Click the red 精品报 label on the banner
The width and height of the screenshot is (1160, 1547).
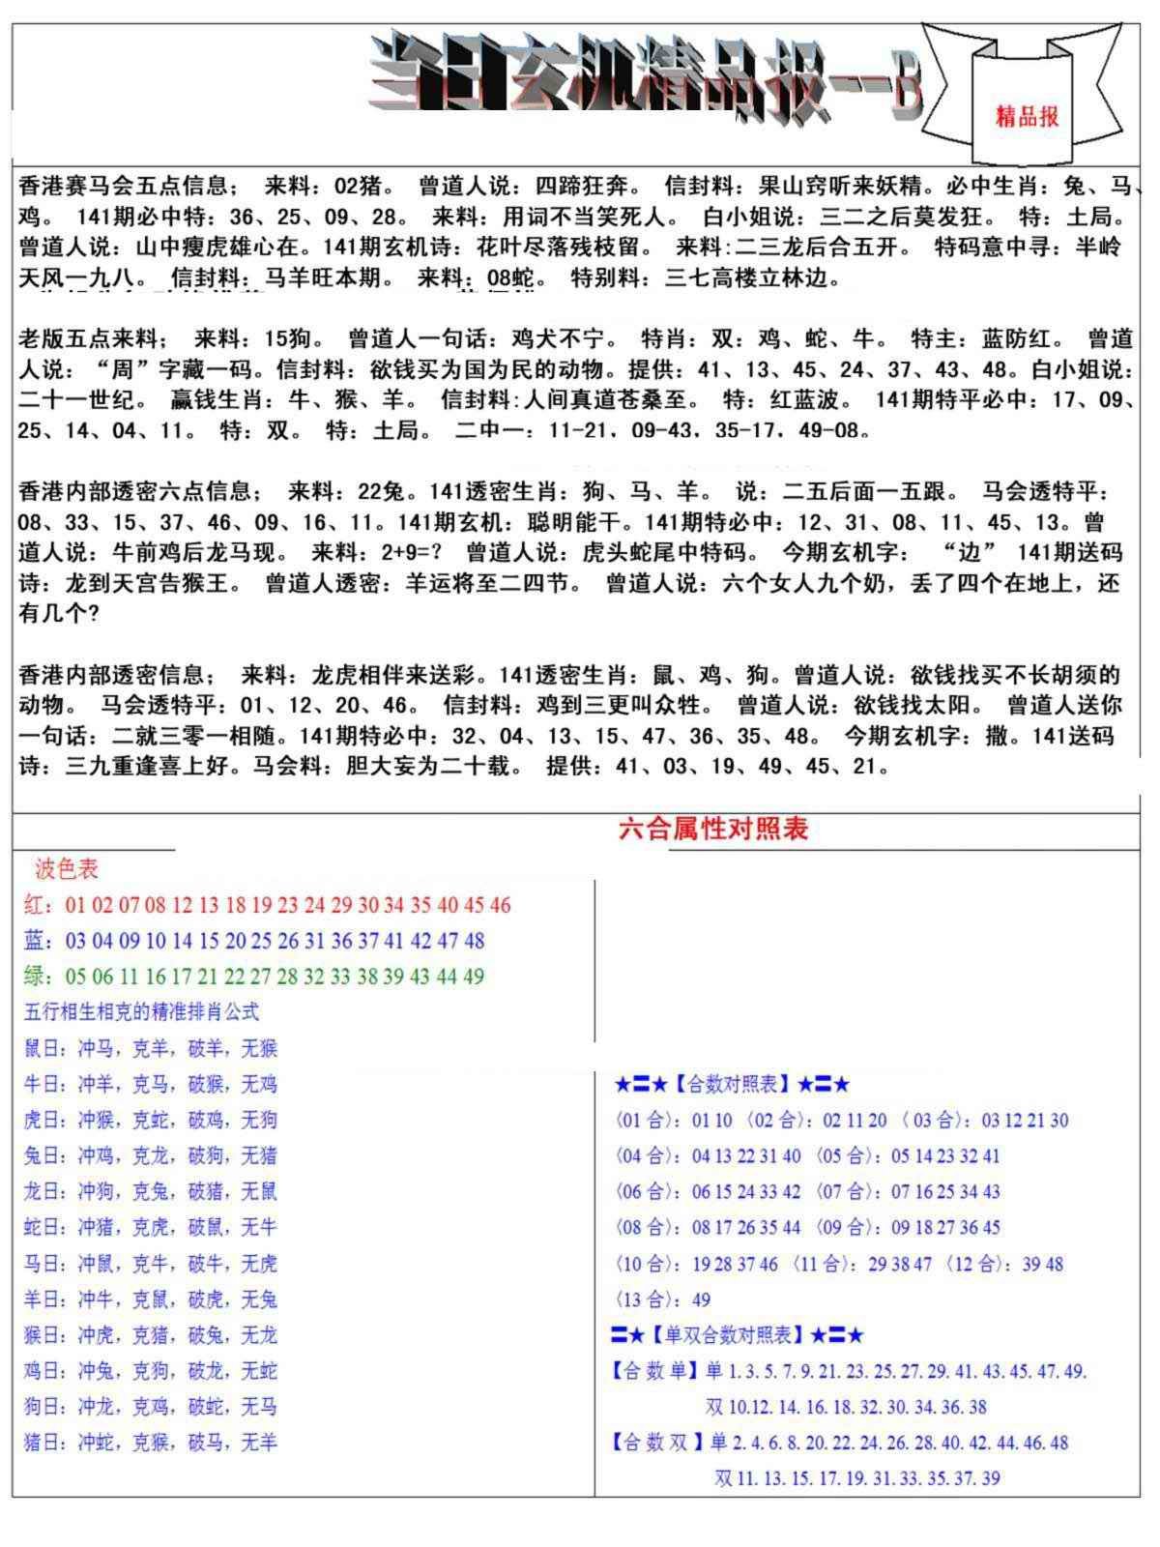pos(1028,116)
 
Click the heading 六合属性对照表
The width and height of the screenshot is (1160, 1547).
pos(712,829)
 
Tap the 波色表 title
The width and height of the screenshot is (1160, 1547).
pos(67,869)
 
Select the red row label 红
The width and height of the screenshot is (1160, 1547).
pos(33,905)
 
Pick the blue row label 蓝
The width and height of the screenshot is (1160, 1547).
pos(33,941)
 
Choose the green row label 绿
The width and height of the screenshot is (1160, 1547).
pos(33,977)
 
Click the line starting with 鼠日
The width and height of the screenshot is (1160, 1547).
pos(150,1048)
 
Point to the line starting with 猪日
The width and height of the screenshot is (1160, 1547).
pos(150,1443)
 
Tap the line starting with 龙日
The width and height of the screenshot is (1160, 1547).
pos(150,1191)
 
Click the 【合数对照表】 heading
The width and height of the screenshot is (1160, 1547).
pos(732,1085)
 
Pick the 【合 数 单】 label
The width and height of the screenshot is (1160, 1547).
pos(654,1371)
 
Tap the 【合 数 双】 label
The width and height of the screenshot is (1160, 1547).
pos(654,1443)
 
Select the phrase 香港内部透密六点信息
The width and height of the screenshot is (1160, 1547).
pos(134,492)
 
